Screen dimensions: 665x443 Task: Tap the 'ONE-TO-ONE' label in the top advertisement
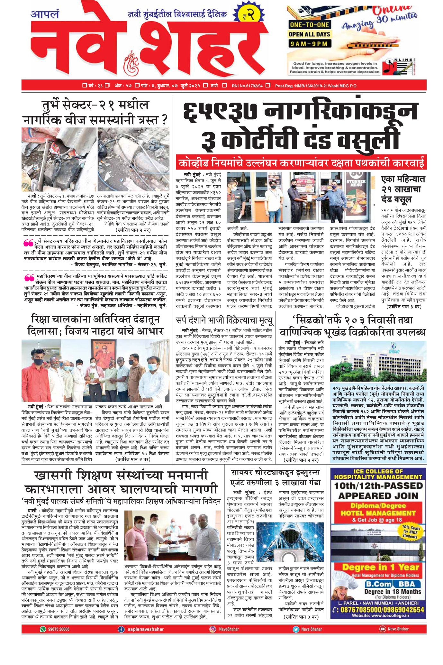[309, 25]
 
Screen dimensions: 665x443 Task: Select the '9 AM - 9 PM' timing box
[309, 44]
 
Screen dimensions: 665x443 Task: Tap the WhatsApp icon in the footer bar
[43, 629]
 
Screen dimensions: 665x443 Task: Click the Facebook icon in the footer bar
[121, 629]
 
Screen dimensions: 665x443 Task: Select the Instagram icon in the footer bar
[212, 629]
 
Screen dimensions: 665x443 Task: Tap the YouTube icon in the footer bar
[382, 629]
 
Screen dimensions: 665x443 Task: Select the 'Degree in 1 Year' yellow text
[381, 567]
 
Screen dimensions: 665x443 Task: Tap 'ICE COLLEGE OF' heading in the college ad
[378, 472]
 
